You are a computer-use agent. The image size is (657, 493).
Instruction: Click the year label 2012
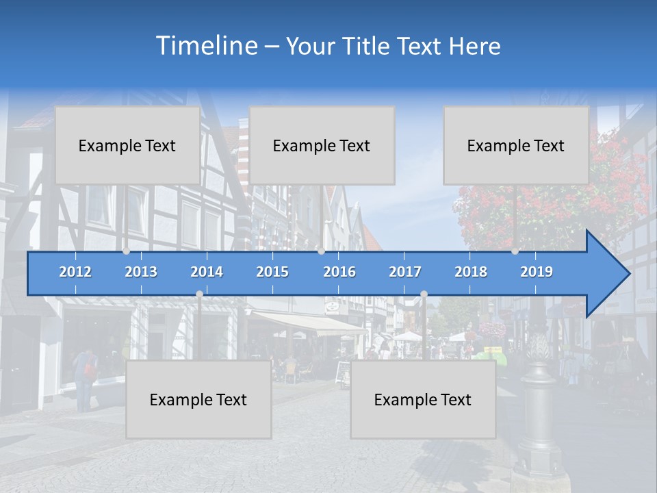pos(75,272)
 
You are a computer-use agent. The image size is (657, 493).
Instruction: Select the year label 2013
pos(141,272)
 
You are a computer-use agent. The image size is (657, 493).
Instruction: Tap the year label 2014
pos(207,272)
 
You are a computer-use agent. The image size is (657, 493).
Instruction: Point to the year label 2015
pos(272,272)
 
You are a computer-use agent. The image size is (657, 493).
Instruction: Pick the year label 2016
pos(339,272)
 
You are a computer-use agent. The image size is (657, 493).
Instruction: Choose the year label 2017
pos(405,272)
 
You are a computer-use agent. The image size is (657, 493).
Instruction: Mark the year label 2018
pos(471,272)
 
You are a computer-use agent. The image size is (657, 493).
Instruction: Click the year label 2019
pos(537,272)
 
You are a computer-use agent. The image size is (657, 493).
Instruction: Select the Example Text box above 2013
pos(127,145)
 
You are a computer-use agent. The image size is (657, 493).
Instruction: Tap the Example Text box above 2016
pos(322,145)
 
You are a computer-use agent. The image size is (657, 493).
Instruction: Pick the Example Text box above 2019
pos(516,145)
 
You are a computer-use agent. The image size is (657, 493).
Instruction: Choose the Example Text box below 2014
pos(198,399)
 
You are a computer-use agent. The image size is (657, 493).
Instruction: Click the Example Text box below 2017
pos(423,399)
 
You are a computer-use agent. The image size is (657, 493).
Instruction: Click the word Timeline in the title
pos(205,46)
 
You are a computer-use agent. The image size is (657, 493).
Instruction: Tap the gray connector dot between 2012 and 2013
pos(126,251)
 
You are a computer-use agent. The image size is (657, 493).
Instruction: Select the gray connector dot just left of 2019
pos(515,251)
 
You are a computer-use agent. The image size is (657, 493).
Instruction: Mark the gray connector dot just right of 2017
pos(424,294)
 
